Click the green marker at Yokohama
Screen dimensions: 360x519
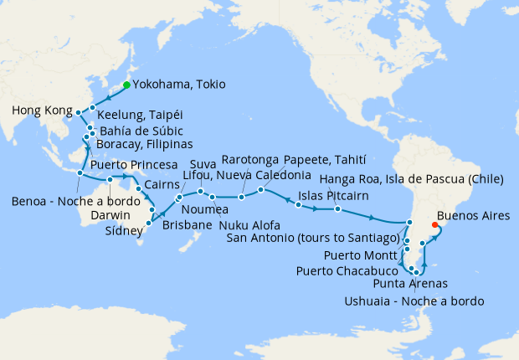pos(126,85)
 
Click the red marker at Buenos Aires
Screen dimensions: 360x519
pos(433,224)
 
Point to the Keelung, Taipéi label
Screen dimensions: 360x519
pos(139,115)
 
